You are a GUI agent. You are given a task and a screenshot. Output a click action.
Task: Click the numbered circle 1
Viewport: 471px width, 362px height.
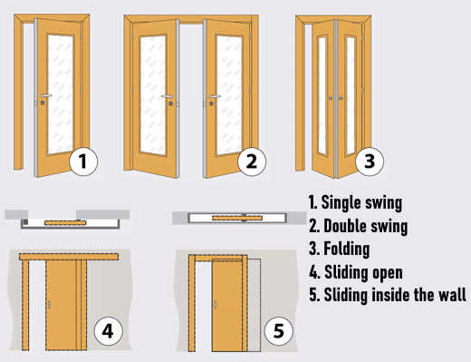83,161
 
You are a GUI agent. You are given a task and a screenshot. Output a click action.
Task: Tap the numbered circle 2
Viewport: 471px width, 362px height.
252,161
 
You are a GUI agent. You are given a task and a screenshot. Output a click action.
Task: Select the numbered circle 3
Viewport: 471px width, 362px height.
370,161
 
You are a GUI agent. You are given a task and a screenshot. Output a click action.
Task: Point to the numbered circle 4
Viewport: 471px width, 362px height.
109,331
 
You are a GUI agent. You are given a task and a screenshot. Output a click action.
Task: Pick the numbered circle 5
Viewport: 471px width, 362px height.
278,330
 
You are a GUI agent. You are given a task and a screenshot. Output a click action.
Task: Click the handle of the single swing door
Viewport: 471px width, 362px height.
46,95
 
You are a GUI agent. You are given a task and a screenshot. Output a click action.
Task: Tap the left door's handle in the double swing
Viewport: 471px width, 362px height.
167,96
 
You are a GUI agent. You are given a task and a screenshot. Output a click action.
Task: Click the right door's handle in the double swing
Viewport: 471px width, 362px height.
215,96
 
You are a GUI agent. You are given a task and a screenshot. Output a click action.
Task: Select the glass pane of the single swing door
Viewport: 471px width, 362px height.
61,94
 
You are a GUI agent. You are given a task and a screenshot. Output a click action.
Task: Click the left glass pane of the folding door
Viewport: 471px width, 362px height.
322,95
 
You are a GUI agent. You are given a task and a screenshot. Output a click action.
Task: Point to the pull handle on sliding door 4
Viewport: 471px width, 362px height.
49,305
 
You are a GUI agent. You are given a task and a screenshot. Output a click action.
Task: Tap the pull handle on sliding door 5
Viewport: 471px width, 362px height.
216,305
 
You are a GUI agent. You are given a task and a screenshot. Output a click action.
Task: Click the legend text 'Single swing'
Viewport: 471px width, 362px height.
361,202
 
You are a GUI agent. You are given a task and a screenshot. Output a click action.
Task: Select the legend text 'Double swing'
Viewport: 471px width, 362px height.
365,226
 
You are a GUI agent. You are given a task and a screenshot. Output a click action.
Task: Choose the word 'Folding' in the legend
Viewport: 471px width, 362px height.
347,249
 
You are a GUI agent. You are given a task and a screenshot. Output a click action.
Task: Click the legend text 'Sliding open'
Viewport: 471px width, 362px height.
363,272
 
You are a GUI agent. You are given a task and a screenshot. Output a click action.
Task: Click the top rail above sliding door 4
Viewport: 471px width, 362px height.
69,257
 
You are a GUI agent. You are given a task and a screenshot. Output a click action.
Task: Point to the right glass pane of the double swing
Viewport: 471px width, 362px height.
229,95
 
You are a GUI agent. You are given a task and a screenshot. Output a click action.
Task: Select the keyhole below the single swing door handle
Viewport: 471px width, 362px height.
43,103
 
